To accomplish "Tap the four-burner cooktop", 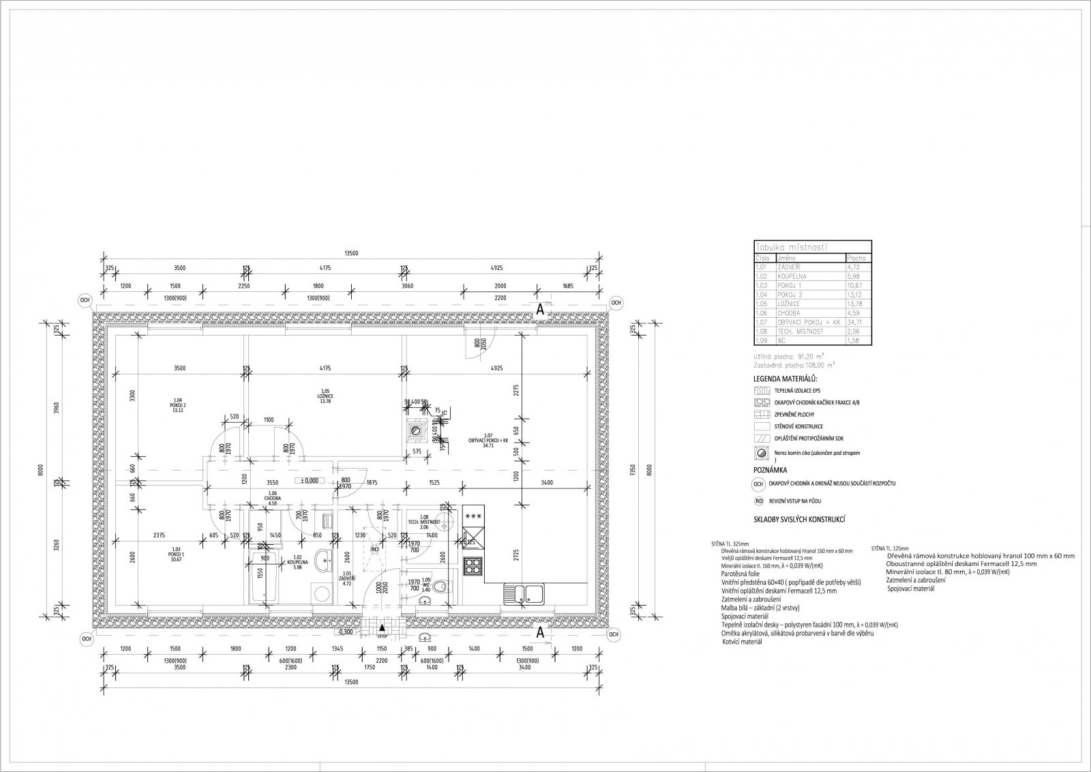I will [472, 565].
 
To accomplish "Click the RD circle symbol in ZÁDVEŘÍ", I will [374, 548].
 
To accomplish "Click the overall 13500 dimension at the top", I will [350, 253].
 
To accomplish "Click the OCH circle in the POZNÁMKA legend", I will [758, 484].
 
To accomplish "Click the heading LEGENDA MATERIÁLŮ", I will [784, 378].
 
